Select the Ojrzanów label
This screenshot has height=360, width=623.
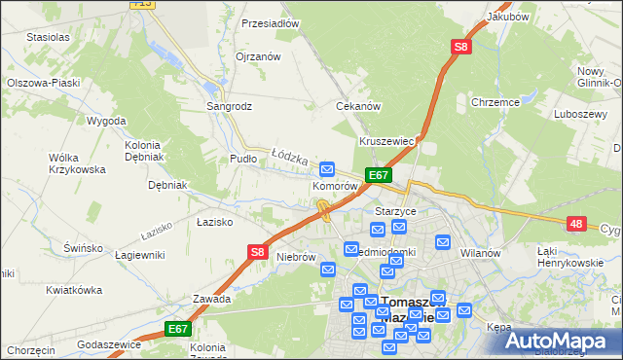pyautogui.click(x=258, y=56)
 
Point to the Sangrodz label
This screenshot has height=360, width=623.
pyautogui.click(x=229, y=106)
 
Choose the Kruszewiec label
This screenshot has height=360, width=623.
pyautogui.click(x=387, y=141)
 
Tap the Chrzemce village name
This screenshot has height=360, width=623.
pyautogui.click(x=495, y=101)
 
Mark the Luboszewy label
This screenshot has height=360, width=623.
pyautogui.click(x=579, y=114)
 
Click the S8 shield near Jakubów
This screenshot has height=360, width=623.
pyautogui.click(x=460, y=46)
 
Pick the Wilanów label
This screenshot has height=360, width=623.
pyautogui.click(x=480, y=253)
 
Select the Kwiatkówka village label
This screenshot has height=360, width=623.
pyautogui.click(x=74, y=290)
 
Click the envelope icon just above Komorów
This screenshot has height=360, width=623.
pyautogui.click(x=328, y=167)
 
